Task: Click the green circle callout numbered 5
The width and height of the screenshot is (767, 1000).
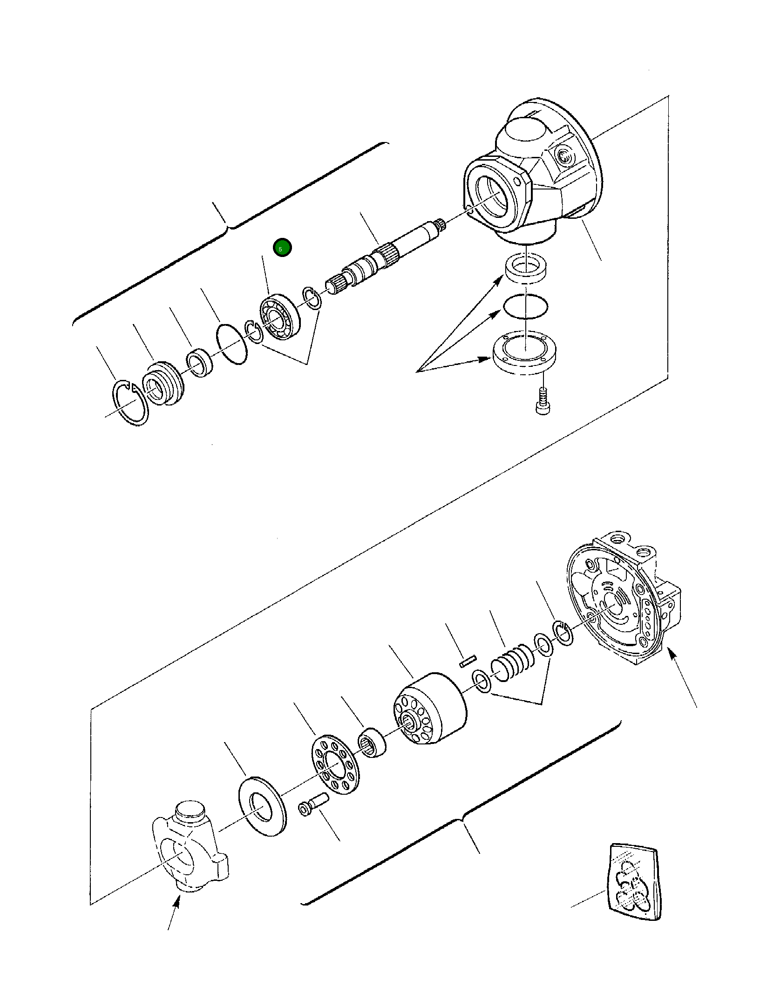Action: pyautogui.click(x=282, y=248)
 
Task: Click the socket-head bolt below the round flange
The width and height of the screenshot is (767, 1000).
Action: pyautogui.click(x=542, y=401)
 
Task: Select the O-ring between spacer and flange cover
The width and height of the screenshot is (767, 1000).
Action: pyautogui.click(x=525, y=306)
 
